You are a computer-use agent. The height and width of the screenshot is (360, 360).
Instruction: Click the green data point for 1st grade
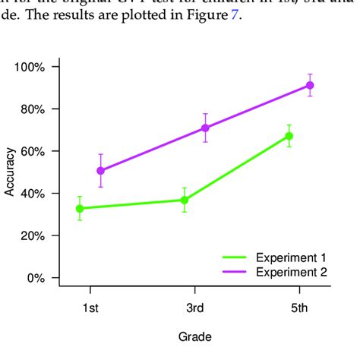pos(80,208)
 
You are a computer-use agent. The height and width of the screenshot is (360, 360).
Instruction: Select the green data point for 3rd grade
pos(185,200)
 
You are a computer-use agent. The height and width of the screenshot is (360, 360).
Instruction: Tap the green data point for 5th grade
pos(289,136)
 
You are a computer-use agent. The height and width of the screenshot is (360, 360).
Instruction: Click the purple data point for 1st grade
pos(100,171)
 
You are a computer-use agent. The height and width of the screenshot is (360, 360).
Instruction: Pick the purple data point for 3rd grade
pos(205,128)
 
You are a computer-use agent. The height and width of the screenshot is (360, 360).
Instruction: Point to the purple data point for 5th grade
pos(309,85)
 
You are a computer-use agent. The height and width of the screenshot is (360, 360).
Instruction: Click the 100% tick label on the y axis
pos(30,67)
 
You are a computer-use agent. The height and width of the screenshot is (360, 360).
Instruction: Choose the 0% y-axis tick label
pos(35,278)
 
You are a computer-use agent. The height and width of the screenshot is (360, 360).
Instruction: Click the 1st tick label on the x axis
pos(90,309)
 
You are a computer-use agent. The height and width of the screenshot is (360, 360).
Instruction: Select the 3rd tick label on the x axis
pos(195,309)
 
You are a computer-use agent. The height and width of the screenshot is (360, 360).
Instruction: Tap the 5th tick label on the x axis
pos(299,309)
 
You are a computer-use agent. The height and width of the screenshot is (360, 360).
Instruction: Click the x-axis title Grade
pos(194,336)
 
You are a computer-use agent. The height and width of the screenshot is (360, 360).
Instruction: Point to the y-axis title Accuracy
pos(10,172)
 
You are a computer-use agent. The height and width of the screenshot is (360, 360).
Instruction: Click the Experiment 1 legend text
pos(291,257)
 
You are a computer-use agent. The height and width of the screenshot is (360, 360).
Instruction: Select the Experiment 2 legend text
pos(291,272)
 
